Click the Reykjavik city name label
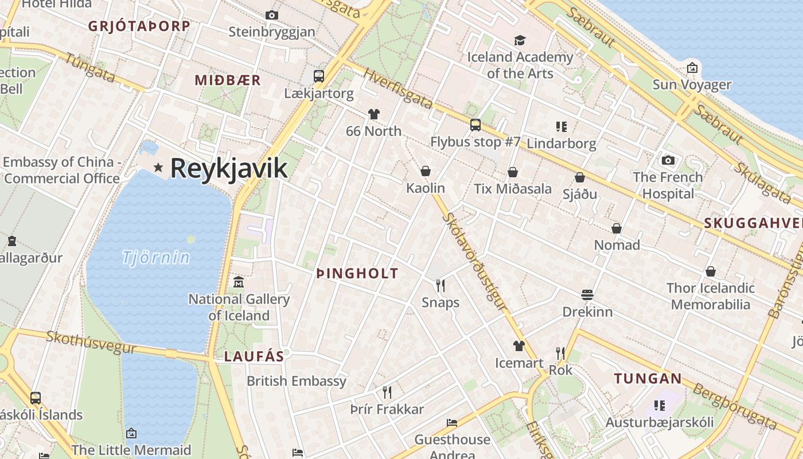coord(228,168)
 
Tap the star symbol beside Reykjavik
coord(158,168)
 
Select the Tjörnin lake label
coord(155,258)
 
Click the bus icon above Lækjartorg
coord(318,76)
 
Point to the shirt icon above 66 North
coord(374,114)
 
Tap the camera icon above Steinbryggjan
coord(272,15)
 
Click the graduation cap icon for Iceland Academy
coord(520,40)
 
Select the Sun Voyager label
coord(692,85)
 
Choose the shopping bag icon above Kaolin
coord(426,171)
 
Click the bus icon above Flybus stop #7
coord(475,125)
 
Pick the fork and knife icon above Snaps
coord(441,285)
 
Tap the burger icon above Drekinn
coord(587,295)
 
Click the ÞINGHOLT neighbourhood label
coord(357,274)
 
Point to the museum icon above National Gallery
coord(239,282)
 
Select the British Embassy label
coord(297,381)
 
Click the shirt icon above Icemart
coord(519,345)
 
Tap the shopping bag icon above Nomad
coord(617,228)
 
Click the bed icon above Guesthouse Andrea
coord(452,423)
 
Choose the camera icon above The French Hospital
coord(668,160)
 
